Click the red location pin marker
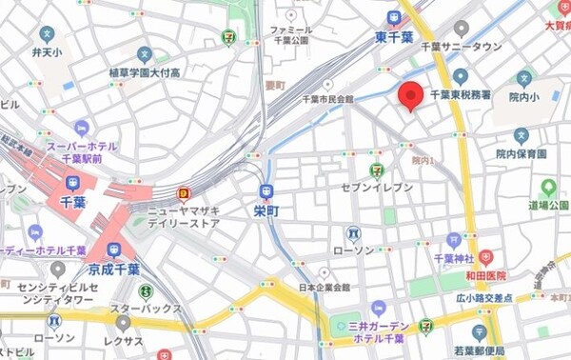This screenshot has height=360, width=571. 410,95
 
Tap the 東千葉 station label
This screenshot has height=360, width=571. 393,39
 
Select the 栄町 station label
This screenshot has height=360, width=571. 267,209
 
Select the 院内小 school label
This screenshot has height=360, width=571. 523,96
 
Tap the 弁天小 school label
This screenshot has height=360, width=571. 46,50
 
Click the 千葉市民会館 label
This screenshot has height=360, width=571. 327,99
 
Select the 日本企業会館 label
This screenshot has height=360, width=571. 319,288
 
